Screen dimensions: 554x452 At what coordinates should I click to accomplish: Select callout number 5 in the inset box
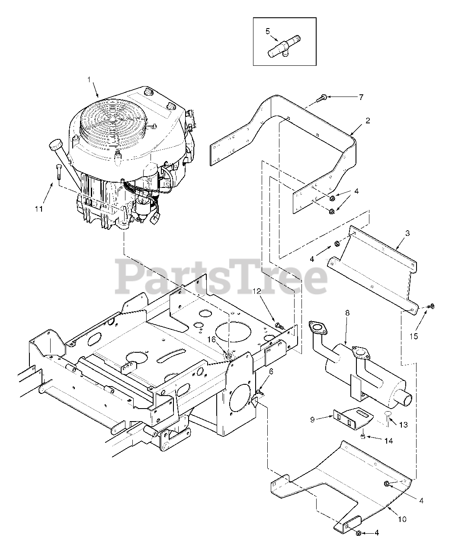click(267, 31)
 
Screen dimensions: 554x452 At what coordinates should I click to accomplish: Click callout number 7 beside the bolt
click(361, 97)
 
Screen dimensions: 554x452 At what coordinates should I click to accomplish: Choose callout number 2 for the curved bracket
click(367, 121)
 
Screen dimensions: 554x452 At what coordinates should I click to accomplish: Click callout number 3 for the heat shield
click(407, 233)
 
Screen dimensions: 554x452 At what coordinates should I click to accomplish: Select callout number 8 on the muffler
click(347, 312)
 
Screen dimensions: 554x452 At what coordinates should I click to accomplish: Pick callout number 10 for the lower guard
click(402, 519)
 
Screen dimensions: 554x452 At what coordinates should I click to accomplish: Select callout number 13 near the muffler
click(403, 425)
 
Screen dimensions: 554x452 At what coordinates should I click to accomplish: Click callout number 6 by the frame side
click(271, 371)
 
